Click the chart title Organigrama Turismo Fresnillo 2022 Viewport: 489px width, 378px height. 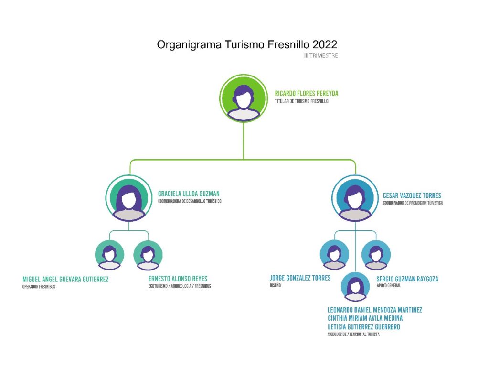click(247, 45)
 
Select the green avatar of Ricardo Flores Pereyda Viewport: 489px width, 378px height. click(244, 98)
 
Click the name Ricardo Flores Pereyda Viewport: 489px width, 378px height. click(307, 94)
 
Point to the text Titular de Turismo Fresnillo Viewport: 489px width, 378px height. click(301, 101)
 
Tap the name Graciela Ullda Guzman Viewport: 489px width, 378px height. click(189, 194)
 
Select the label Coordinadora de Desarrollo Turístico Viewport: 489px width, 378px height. click(190, 201)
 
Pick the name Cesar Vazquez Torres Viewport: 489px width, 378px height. click(412, 195)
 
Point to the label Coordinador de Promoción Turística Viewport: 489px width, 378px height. click(413, 203)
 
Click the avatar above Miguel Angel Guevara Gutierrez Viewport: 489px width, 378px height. click(110, 255)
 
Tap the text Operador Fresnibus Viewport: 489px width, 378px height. click(39, 287)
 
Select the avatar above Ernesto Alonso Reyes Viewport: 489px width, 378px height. click(148, 255)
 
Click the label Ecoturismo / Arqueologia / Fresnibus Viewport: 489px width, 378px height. click(180, 286)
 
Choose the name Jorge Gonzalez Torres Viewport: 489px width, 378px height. click(300, 278)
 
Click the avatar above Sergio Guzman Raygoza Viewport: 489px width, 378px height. click(376, 255)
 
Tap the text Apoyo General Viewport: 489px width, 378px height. click(388, 286)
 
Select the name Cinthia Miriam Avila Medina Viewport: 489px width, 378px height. click(365, 318)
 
